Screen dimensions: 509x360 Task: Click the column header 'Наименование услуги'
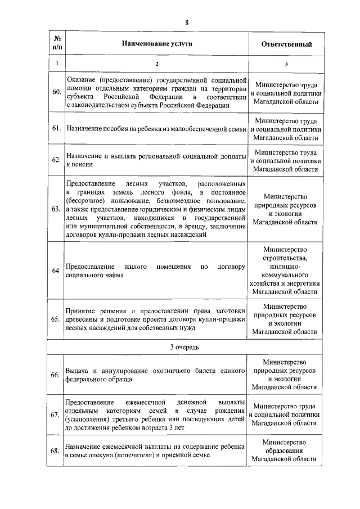[157, 43]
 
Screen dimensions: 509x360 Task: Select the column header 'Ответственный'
[286, 44]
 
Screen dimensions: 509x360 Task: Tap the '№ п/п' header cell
[57, 43]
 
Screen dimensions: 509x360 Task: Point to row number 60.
[56, 92]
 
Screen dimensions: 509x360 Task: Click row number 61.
[56, 129]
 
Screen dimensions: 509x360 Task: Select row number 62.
[56, 160]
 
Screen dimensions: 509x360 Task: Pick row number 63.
[56, 209]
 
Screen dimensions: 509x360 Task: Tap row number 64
[56, 271]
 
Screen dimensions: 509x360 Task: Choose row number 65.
[56, 319]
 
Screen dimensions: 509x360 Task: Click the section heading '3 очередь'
[186, 347]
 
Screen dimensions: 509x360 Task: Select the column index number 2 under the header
[157, 64]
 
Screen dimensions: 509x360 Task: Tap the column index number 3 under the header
[286, 64]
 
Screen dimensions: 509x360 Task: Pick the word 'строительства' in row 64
[286, 258]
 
